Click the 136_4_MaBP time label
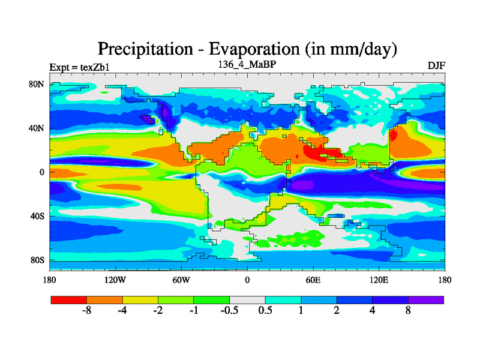tap(245, 64)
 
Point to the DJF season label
tap(436, 65)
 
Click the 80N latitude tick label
tap(37, 84)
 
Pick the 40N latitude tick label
tap(37, 128)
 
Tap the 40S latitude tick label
tap(37, 215)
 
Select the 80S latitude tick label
tap(37, 260)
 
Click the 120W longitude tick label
tap(115, 280)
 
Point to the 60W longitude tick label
tap(181, 280)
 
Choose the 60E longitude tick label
tap(313, 280)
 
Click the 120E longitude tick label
tap(379, 280)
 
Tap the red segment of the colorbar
tap(69, 299)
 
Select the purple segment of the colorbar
tap(426, 299)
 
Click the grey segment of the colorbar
tap(247, 299)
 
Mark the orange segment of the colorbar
tap(104, 299)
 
